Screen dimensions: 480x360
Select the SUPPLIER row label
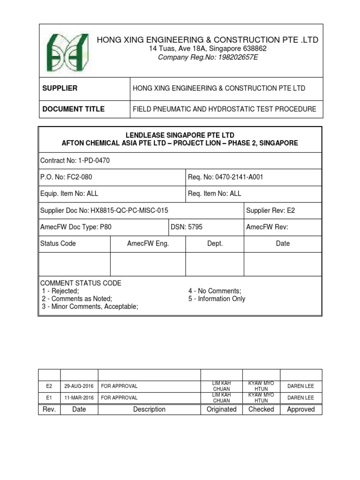click(60, 88)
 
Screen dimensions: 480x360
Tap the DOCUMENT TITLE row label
click(74, 109)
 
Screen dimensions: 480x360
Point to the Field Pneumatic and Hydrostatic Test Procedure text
click(225, 109)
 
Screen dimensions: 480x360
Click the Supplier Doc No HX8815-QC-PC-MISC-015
click(105, 210)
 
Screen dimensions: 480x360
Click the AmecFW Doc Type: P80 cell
click(76, 227)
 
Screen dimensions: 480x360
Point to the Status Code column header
click(58, 243)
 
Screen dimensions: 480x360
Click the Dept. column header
click(215, 243)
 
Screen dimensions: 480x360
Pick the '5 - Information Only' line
click(217, 299)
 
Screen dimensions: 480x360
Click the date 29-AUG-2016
click(79, 386)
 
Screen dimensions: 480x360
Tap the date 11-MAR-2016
click(79, 397)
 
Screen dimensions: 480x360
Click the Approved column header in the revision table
click(300, 409)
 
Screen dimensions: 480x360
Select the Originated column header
click(221, 409)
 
